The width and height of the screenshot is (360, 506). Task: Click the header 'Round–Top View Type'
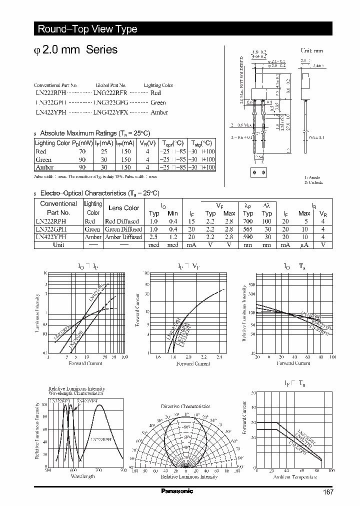pos(87,29)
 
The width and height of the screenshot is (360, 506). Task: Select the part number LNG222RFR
pos(110,93)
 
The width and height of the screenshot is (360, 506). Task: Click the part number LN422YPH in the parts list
pos(50,112)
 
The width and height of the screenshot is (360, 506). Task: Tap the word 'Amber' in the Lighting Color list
pos(159,112)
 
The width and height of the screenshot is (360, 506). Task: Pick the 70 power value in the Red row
pos(82,151)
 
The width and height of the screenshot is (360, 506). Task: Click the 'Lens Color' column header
pos(124,208)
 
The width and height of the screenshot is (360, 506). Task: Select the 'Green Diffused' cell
pos(123,229)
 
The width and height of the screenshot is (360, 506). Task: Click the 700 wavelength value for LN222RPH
pos(248,221)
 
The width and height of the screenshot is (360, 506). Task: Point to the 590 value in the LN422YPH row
pos(248,237)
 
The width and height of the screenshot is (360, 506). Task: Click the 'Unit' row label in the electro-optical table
pos(58,245)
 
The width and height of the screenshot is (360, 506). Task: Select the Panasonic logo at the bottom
pos(177,491)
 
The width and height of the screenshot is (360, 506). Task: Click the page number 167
pos(328,492)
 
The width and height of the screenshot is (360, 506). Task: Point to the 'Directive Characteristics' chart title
pos(185,407)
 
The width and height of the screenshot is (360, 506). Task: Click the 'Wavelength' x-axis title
pos(82,476)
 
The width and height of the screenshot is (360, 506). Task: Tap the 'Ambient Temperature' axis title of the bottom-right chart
pos(295,477)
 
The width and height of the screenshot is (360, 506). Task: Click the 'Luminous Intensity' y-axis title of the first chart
pos(36,313)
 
